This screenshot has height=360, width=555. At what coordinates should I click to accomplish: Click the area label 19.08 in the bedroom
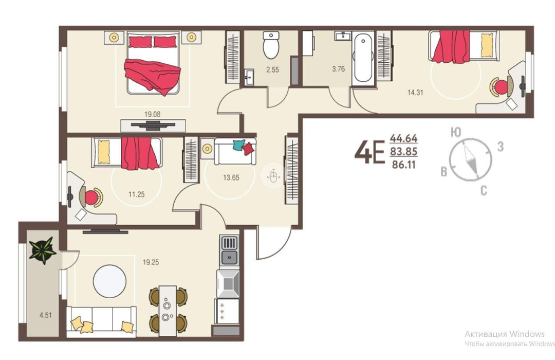(152, 115)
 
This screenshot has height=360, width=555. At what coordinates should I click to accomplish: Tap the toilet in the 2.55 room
(271, 45)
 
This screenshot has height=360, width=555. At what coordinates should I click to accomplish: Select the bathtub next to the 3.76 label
(363, 58)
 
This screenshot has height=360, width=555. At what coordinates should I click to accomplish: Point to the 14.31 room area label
(415, 93)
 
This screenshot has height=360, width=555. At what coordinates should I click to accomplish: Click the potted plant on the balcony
(43, 250)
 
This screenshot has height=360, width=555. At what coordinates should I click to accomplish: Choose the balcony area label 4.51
(46, 315)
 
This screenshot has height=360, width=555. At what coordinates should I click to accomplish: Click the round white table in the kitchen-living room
(110, 282)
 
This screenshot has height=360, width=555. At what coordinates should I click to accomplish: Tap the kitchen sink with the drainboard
(229, 251)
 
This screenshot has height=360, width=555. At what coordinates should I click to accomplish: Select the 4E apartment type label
(369, 152)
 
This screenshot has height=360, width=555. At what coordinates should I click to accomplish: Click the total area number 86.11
(404, 165)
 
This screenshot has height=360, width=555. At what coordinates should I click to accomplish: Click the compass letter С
(484, 191)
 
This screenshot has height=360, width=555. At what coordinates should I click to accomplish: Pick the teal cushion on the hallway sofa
(238, 145)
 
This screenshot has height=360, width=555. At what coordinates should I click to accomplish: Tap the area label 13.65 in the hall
(231, 177)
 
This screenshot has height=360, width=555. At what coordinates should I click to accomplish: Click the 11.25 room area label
(136, 194)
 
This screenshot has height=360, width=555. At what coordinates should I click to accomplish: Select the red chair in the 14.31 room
(499, 87)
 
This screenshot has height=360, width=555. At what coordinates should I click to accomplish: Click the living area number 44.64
(404, 138)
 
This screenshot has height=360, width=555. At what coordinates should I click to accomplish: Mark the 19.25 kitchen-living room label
(151, 263)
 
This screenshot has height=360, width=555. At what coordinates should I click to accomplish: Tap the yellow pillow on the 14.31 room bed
(487, 45)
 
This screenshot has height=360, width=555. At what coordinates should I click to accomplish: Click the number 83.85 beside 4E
(404, 152)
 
